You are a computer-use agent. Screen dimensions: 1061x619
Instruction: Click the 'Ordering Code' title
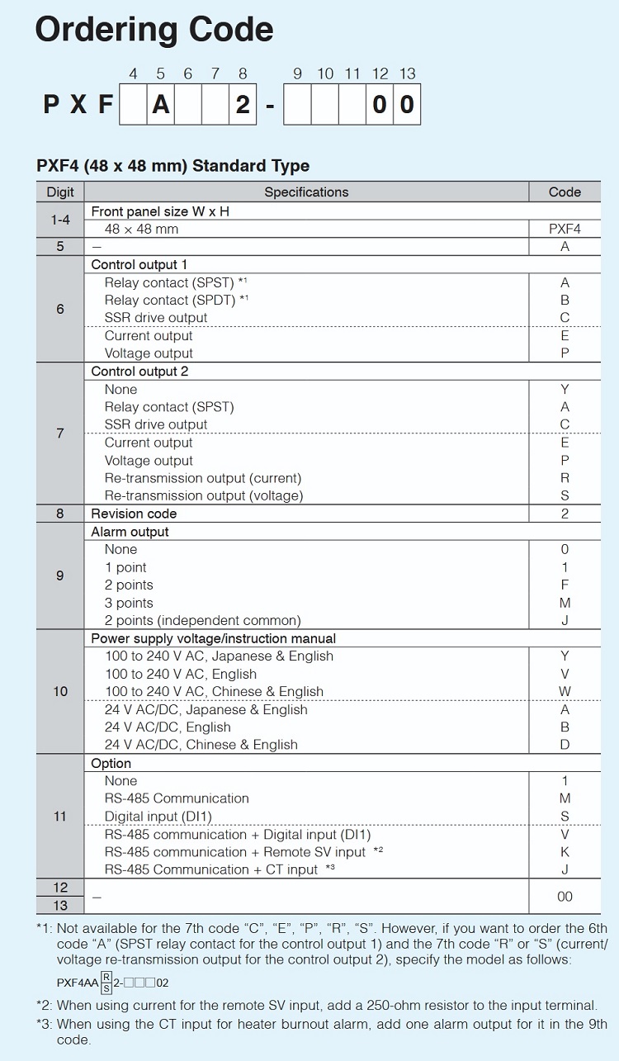[x=154, y=31]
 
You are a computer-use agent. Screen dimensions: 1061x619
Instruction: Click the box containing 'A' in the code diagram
[x=161, y=107]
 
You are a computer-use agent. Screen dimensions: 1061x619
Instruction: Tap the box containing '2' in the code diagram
[x=242, y=107]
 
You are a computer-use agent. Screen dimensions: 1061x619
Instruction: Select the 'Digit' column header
[x=60, y=192]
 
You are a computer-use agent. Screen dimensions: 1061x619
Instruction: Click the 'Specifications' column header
[x=306, y=192]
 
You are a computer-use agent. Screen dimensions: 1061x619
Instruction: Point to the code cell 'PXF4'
[x=565, y=229]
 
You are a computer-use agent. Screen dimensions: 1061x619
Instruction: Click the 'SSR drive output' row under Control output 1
[x=156, y=318]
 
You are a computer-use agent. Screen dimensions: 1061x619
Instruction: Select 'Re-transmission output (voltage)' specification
[x=204, y=495]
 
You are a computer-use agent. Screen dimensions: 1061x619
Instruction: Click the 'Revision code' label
[x=134, y=514]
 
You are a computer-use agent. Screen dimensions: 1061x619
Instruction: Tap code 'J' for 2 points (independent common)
[x=565, y=620]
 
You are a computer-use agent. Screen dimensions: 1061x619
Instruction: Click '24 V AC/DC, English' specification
[x=168, y=727]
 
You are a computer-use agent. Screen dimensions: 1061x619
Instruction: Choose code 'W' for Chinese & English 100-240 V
[x=565, y=691]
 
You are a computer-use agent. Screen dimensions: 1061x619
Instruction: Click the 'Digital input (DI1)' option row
[x=158, y=817]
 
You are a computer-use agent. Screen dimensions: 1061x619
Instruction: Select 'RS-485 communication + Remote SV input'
[x=235, y=852]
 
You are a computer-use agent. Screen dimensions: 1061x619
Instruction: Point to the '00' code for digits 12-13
[x=565, y=897]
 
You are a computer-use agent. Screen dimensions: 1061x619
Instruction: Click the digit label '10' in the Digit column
[x=60, y=691]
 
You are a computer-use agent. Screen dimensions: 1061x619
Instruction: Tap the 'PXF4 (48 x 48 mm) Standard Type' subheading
[x=173, y=165]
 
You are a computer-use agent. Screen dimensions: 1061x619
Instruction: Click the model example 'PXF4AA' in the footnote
[x=78, y=983]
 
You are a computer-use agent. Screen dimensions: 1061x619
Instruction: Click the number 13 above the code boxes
[x=407, y=74]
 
